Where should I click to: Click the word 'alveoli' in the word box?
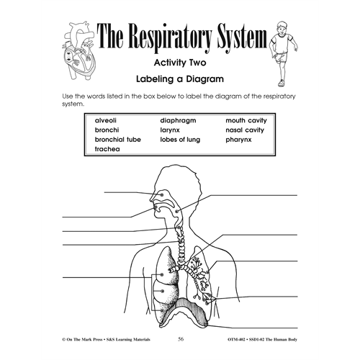pyautogui.click(x=106, y=120)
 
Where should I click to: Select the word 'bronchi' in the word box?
pyautogui.click(x=107, y=130)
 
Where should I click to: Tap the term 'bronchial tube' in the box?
pyautogui.click(x=118, y=140)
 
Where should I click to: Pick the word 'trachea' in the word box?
pyautogui.click(x=107, y=149)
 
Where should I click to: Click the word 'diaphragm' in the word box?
pyautogui.click(x=178, y=121)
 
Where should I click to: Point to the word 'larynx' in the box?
pyautogui.click(x=170, y=130)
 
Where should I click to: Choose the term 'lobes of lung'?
pyautogui.click(x=180, y=140)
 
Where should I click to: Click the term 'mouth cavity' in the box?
pyautogui.click(x=246, y=121)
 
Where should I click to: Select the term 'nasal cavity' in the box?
pyautogui.click(x=245, y=130)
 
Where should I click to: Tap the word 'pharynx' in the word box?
pyautogui.click(x=238, y=140)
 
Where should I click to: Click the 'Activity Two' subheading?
pyautogui.click(x=180, y=63)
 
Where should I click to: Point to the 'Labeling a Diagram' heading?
pyautogui.click(x=180, y=79)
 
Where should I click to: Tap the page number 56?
pyautogui.click(x=181, y=339)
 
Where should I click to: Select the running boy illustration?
pyautogui.click(x=284, y=53)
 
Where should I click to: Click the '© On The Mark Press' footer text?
pyautogui.click(x=82, y=339)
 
